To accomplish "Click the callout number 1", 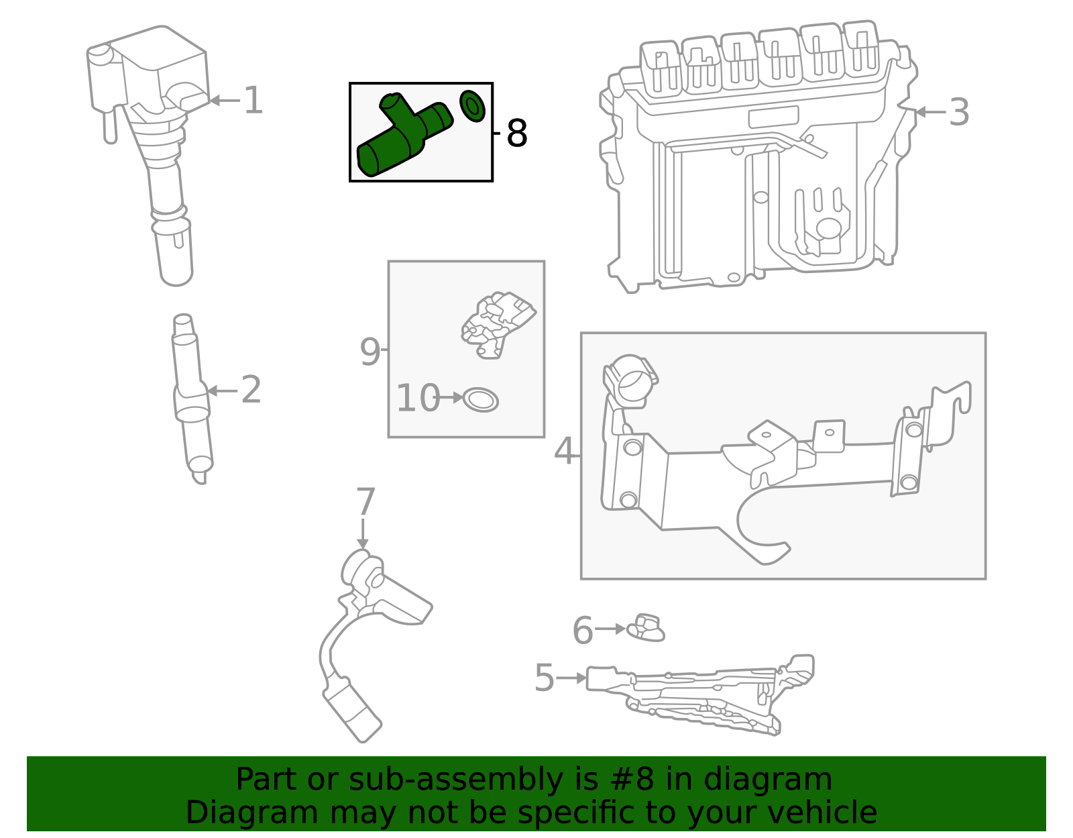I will click(253, 101).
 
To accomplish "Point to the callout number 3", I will click(959, 113).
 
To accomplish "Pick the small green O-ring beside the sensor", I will click(473, 106).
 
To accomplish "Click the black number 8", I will click(517, 134).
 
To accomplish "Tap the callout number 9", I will click(370, 351).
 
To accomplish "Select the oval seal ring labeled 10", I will click(481, 400).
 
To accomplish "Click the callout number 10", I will click(417, 399).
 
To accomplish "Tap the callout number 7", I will click(365, 502).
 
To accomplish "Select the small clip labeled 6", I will click(646, 629).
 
